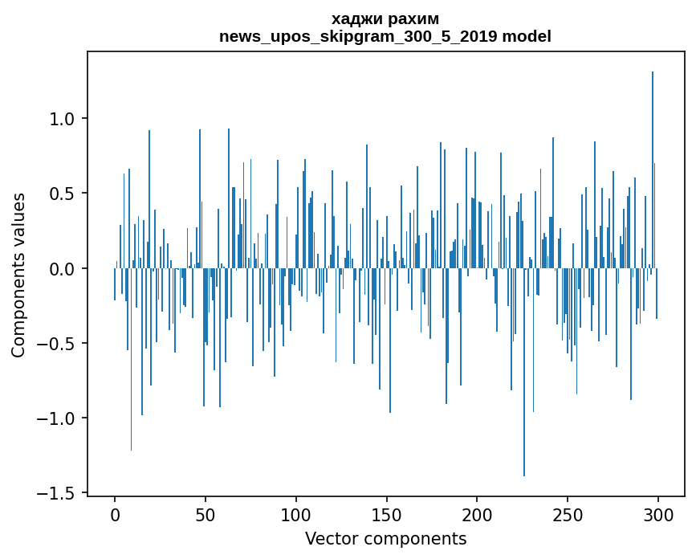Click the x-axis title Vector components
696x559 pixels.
(385, 538)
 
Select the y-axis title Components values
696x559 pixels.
(18, 275)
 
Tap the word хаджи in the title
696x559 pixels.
(353, 18)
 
